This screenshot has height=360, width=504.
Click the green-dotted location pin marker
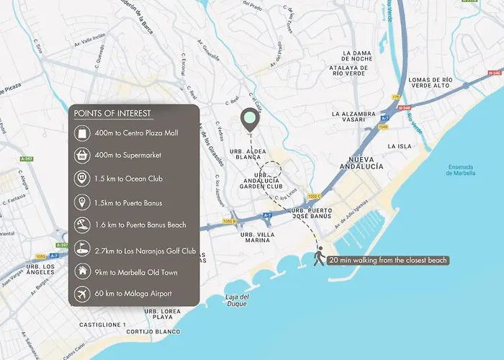point(250,120)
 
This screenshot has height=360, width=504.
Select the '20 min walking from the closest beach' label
point(388,260)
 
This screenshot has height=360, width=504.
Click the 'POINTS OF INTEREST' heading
point(112,114)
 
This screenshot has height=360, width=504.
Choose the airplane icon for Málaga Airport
point(82,295)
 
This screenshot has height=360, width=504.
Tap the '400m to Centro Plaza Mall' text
point(135,133)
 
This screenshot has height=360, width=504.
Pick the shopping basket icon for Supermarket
point(82,156)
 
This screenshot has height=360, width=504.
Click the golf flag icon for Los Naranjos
point(82,248)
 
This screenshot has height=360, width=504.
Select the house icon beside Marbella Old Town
point(82,272)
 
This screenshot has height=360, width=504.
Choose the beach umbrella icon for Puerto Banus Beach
point(82,225)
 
